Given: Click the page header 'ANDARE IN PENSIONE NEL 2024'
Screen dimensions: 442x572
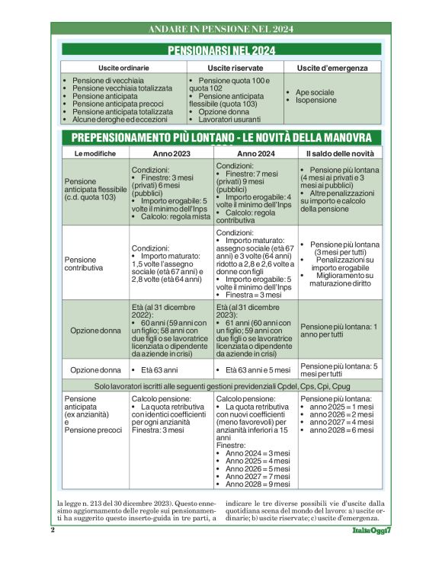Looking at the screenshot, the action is (220, 30).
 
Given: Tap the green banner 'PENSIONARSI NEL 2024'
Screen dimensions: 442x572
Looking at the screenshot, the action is (220, 51).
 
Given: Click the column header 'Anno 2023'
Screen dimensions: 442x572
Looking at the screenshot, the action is (171, 153).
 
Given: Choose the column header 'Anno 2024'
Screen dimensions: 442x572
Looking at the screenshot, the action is (255, 153).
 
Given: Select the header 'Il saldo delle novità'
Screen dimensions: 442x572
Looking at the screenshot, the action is (339, 153).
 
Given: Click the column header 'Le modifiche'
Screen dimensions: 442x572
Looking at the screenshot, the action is (95, 153).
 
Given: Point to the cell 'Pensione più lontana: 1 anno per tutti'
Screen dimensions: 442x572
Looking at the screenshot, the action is (339, 331).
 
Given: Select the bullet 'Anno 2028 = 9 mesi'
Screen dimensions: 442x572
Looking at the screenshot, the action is (258, 484).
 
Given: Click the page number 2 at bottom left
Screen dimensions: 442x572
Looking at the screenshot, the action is (53, 529).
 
